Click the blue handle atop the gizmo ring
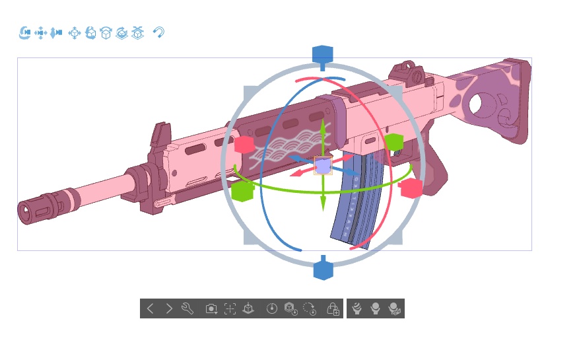[322, 55]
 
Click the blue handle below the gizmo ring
[322, 270]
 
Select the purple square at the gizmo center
[323, 165]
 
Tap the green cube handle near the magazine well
[394, 142]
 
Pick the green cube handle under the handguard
[242, 192]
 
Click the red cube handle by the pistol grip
[411, 188]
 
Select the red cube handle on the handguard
[244, 145]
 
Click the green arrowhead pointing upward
[323, 126]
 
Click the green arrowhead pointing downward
[323, 205]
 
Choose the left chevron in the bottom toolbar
[151, 308]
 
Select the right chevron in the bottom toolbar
[169, 308]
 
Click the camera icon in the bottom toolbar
[211, 308]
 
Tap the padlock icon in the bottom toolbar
[333, 308]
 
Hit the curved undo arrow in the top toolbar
[158, 32]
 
